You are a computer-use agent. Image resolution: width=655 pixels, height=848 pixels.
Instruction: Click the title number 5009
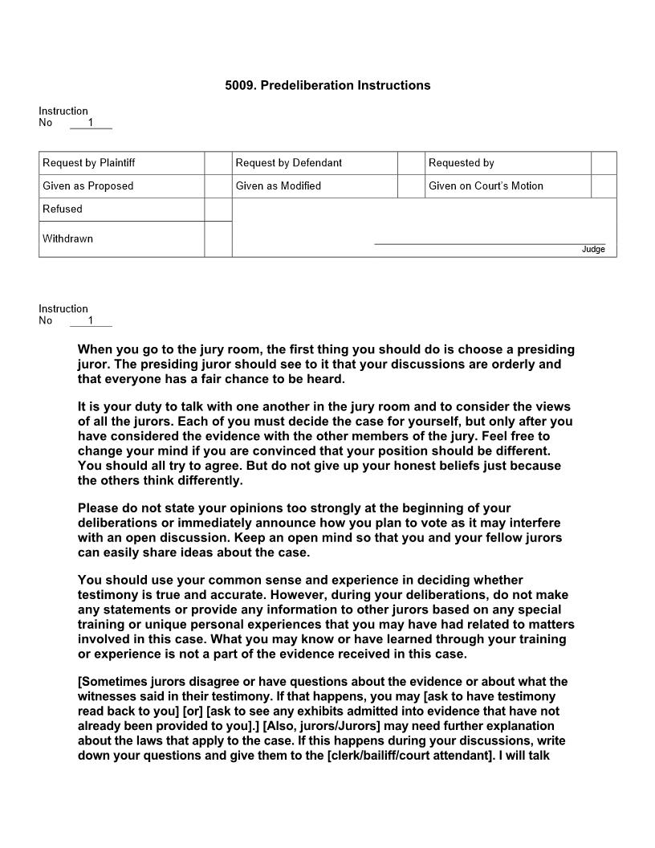[x=239, y=85]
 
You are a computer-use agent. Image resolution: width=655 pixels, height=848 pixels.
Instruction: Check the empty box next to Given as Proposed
[x=218, y=186]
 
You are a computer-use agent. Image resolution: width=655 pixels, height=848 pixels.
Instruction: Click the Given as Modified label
[x=278, y=186]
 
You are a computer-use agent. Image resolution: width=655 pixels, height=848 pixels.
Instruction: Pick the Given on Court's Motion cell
[x=486, y=186]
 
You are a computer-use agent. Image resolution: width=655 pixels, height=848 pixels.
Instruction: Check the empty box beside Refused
[x=218, y=210]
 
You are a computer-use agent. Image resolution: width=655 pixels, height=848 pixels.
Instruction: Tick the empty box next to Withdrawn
[x=218, y=239]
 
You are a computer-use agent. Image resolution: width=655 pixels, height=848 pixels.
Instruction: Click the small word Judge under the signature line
[x=593, y=250]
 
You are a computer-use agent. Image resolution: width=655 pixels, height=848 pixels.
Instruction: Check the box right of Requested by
[x=604, y=163]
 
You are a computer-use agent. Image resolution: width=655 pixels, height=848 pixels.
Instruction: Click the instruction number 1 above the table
[x=91, y=123]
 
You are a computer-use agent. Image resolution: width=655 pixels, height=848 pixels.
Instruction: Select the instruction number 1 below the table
[x=91, y=320]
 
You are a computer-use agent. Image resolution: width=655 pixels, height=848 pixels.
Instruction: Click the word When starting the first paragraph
[x=96, y=350]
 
